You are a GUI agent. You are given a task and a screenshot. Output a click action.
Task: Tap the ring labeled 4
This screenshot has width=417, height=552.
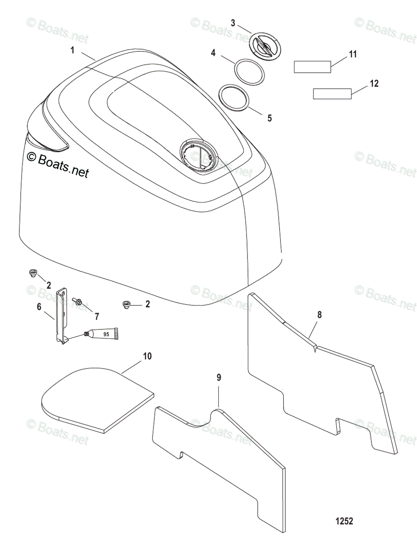point(249,71)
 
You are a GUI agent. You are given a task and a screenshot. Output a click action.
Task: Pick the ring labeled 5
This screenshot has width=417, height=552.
point(234,98)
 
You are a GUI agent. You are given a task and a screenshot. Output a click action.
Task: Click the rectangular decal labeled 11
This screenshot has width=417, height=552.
point(312,67)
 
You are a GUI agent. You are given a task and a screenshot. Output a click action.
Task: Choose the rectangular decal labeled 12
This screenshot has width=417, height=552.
point(332,94)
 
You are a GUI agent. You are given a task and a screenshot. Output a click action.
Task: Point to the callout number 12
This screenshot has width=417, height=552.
point(374,84)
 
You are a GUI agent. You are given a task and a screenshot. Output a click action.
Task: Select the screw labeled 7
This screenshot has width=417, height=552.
point(78,302)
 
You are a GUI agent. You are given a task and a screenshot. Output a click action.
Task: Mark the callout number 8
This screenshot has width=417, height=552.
point(319,315)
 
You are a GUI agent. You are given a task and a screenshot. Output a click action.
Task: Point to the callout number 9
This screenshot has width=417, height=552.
point(219,378)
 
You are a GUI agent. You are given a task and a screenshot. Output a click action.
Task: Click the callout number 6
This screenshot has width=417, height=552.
point(39,306)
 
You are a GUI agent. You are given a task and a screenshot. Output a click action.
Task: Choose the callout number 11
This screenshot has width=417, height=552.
point(352,55)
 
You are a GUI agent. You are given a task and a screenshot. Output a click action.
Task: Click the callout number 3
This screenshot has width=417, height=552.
point(233,23)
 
